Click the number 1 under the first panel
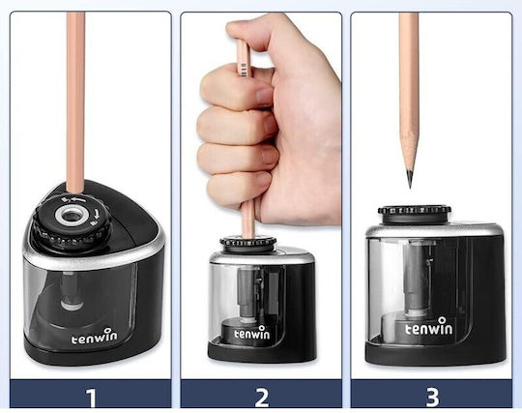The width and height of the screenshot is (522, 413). click(x=91, y=398)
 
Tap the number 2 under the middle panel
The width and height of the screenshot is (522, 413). click(x=262, y=398)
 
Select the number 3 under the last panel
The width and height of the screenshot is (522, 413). click(x=432, y=398)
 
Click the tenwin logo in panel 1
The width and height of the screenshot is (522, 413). click(x=94, y=337)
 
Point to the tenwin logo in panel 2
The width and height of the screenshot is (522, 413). click(x=252, y=333)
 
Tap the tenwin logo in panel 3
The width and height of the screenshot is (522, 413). click(x=429, y=327)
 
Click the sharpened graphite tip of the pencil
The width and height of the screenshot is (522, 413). click(x=410, y=179)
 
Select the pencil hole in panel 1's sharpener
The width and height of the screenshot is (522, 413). click(x=72, y=215)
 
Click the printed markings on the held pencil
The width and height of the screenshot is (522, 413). click(x=244, y=69)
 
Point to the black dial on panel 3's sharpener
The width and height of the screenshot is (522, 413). click(x=415, y=215)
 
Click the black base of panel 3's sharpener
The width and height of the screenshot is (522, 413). click(x=434, y=354)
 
